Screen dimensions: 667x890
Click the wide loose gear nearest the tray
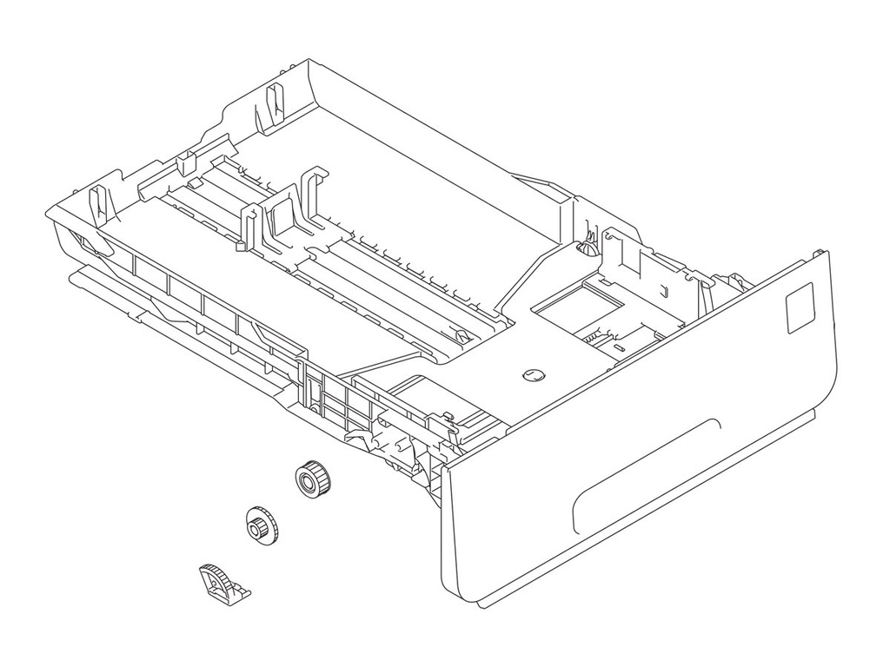coord(309,479)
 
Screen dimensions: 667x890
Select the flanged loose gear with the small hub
coord(259,525)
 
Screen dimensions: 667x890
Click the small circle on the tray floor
coord(532,375)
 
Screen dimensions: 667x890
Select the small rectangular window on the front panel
coord(799,308)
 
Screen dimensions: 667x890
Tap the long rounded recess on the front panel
coord(648,473)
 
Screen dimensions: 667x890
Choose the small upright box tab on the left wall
coord(185,162)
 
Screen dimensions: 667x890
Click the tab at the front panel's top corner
coord(818,251)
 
